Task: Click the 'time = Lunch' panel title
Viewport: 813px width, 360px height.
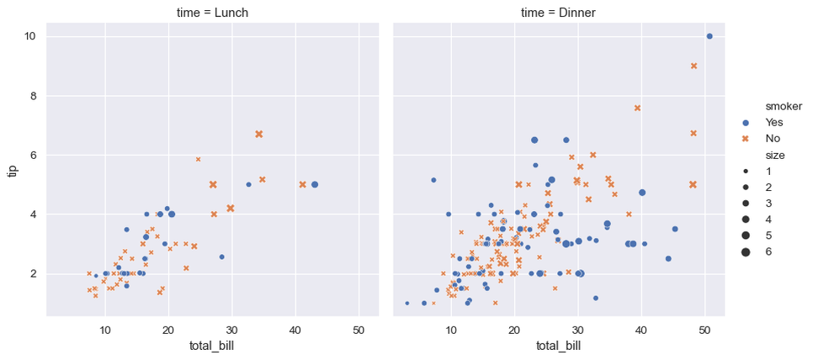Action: click(212, 12)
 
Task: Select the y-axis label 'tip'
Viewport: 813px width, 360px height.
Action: click(12, 170)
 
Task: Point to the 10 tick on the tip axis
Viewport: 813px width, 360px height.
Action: click(29, 36)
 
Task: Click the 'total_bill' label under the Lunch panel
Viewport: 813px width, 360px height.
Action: click(212, 345)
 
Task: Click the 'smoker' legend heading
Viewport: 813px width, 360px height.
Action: click(783, 107)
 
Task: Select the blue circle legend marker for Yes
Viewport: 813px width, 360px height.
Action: click(745, 122)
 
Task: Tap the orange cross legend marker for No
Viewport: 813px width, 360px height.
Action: click(745, 138)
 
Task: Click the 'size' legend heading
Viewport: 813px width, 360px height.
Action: click(776, 155)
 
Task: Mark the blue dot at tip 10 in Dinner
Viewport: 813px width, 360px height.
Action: click(709, 36)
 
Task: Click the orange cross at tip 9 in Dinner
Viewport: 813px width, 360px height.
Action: click(693, 66)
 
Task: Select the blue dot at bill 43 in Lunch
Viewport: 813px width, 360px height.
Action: click(315, 184)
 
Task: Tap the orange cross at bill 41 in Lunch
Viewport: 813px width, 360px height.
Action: click(302, 184)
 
